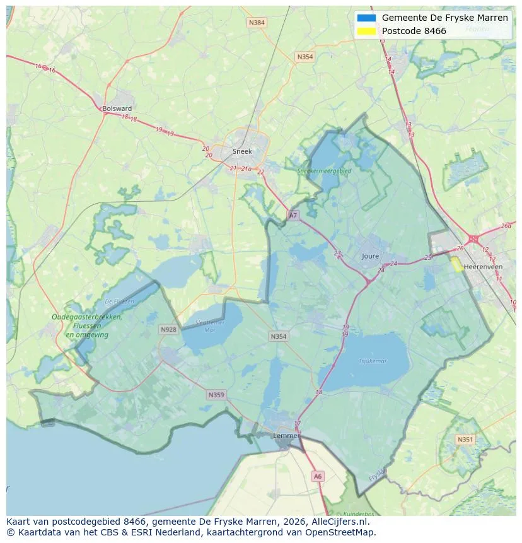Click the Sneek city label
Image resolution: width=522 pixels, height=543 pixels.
[242, 151]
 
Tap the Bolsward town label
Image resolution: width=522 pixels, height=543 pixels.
[117, 108]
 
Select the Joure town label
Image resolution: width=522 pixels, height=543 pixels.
[371, 256]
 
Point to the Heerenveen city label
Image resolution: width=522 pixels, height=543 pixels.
[483, 267]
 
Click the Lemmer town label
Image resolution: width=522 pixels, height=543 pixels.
[286, 435]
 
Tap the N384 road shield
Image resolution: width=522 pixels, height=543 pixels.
[257, 23]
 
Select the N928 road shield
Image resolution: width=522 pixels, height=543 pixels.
[168, 329]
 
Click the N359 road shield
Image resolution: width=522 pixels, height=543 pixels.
[216, 395]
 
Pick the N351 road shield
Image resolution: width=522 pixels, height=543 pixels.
[465, 440]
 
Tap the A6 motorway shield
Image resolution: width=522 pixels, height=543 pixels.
[318, 477]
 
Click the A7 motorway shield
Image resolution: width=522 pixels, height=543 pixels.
[293, 216]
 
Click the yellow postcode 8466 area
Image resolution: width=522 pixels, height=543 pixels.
[456, 264]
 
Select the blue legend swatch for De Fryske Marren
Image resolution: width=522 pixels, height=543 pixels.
[366, 18]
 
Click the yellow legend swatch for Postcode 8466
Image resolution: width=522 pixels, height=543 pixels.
[366, 31]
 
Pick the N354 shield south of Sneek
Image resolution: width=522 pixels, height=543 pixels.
[278, 336]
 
